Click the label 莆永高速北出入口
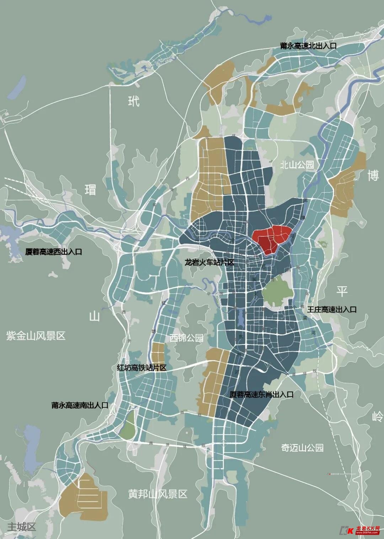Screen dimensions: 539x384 (x=308, y=46)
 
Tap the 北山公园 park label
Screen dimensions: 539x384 (x=297, y=164)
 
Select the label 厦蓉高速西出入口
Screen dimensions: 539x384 (x=54, y=252)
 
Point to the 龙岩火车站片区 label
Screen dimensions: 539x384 (x=209, y=263)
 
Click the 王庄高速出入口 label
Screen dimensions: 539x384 (x=332, y=309)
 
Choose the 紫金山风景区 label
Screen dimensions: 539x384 (x=36, y=336)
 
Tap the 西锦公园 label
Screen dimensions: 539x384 (x=186, y=337)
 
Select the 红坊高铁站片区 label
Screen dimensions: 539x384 (x=142, y=367)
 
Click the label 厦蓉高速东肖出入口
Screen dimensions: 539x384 (x=261, y=394)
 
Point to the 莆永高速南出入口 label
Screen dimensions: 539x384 (x=80, y=405)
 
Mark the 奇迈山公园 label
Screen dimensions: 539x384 (x=302, y=448)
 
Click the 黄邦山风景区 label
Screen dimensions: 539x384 (x=158, y=494)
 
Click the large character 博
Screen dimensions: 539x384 (x=373, y=175)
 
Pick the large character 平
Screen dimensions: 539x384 (x=342, y=291)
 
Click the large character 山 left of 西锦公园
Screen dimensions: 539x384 (x=94, y=316)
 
